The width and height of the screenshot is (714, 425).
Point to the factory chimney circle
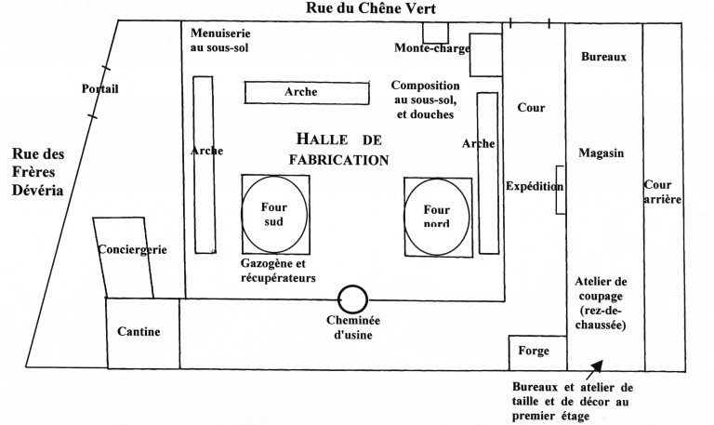[352, 299]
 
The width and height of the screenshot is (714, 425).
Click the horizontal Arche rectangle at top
[301, 92]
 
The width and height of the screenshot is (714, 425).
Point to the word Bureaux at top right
[603, 57]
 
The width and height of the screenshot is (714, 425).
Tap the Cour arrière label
[663, 193]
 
